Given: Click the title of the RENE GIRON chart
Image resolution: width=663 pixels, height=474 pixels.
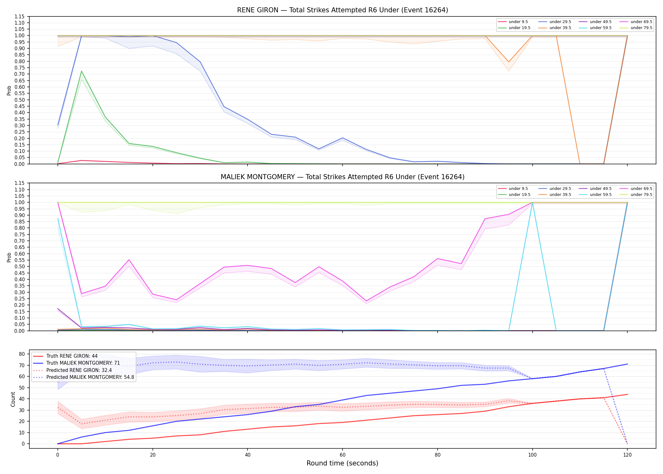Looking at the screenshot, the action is (x=343, y=10).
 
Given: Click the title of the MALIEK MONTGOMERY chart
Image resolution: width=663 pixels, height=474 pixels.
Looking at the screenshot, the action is (x=343, y=177).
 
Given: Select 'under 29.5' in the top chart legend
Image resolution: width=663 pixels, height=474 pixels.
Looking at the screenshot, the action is (x=560, y=22).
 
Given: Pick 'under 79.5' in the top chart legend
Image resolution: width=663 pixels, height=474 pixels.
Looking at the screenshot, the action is (x=641, y=28).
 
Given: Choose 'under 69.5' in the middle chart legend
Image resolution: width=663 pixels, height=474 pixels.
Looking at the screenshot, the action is (x=641, y=189).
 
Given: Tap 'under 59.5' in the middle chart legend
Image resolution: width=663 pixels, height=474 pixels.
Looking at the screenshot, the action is (x=600, y=195).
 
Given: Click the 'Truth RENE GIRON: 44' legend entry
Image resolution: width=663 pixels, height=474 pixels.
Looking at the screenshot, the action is (x=72, y=356).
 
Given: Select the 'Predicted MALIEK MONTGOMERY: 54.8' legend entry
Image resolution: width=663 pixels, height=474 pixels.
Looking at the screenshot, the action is (x=90, y=377).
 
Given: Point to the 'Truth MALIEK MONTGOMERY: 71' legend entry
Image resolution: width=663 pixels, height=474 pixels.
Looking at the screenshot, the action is (x=83, y=363).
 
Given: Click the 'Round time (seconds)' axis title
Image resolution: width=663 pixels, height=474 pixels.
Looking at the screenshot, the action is (x=342, y=463).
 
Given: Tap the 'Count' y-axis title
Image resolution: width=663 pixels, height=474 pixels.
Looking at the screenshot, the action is (x=13, y=399).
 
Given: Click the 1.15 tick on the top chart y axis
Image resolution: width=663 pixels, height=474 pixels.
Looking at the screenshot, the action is (x=19, y=16).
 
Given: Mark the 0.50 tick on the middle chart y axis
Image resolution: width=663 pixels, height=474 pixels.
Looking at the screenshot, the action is (x=19, y=266).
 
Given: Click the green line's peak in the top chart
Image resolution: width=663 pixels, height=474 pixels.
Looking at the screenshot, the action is (x=81, y=71).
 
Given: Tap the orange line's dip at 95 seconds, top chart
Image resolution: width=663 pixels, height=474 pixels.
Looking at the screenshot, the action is (x=509, y=62).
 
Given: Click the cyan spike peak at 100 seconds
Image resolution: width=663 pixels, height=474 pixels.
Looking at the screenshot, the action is (x=532, y=203).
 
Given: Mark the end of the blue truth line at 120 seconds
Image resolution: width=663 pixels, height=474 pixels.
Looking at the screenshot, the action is (x=627, y=364).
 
